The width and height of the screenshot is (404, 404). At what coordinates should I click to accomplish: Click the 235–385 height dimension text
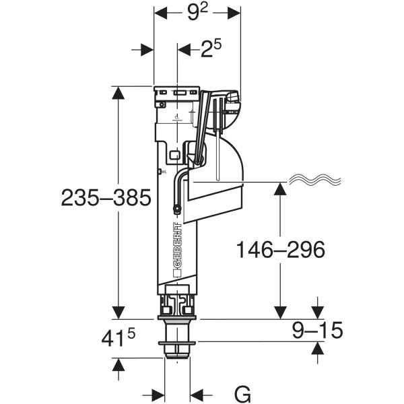pyautogui.click(x=106, y=197)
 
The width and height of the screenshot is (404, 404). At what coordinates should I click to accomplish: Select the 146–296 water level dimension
pyautogui.click(x=280, y=250)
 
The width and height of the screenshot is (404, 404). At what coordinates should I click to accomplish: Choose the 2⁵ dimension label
pyautogui.click(x=210, y=49)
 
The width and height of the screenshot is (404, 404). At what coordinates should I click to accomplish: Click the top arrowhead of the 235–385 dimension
pyautogui.click(x=119, y=93)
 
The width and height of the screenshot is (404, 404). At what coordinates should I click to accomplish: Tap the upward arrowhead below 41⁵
pyautogui.click(x=119, y=365)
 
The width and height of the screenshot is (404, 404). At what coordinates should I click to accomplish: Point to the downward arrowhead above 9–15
pyautogui.click(x=316, y=312)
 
